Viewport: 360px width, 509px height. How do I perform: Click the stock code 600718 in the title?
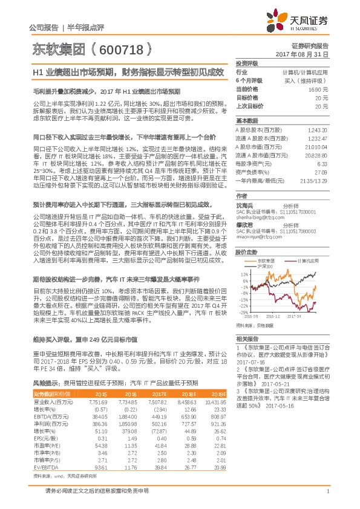coord(123,48)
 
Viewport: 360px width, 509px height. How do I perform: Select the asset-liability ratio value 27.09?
coord(321,172)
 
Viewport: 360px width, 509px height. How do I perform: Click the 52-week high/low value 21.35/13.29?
coord(313,180)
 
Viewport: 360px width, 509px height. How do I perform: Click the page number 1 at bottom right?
coord(327,498)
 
